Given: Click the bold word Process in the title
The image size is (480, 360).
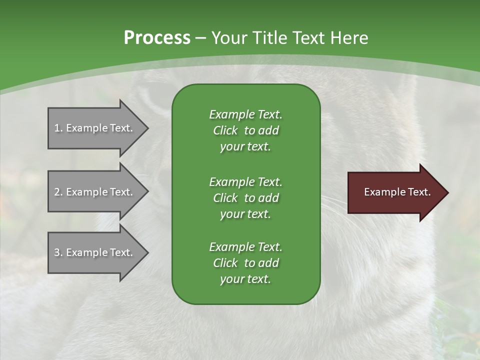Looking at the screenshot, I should [x=157, y=38].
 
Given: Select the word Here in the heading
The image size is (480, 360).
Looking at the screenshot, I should [x=349, y=38].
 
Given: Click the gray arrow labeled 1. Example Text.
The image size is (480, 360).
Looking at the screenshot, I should [x=95, y=128].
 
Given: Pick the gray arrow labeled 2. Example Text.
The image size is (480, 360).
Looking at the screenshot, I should [x=95, y=192].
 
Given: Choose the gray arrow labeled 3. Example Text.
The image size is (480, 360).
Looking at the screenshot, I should [x=95, y=252].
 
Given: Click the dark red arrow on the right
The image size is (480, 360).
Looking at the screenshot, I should [x=395, y=192].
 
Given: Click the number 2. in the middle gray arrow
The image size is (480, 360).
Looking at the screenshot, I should [x=58, y=192].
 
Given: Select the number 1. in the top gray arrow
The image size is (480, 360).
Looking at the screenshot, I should [x=58, y=128].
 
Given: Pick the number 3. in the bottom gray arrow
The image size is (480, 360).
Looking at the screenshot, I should [x=58, y=252].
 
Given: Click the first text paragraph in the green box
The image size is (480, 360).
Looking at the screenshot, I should [x=245, y=130].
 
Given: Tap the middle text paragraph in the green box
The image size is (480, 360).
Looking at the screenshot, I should [x=245, y=197].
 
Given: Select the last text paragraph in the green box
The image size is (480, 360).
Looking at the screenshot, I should [x=245, y=263].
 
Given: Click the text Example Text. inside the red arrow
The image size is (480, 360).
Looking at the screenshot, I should [x=397, y=192].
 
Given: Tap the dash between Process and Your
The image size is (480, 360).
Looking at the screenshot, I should [x=200, y=38].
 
